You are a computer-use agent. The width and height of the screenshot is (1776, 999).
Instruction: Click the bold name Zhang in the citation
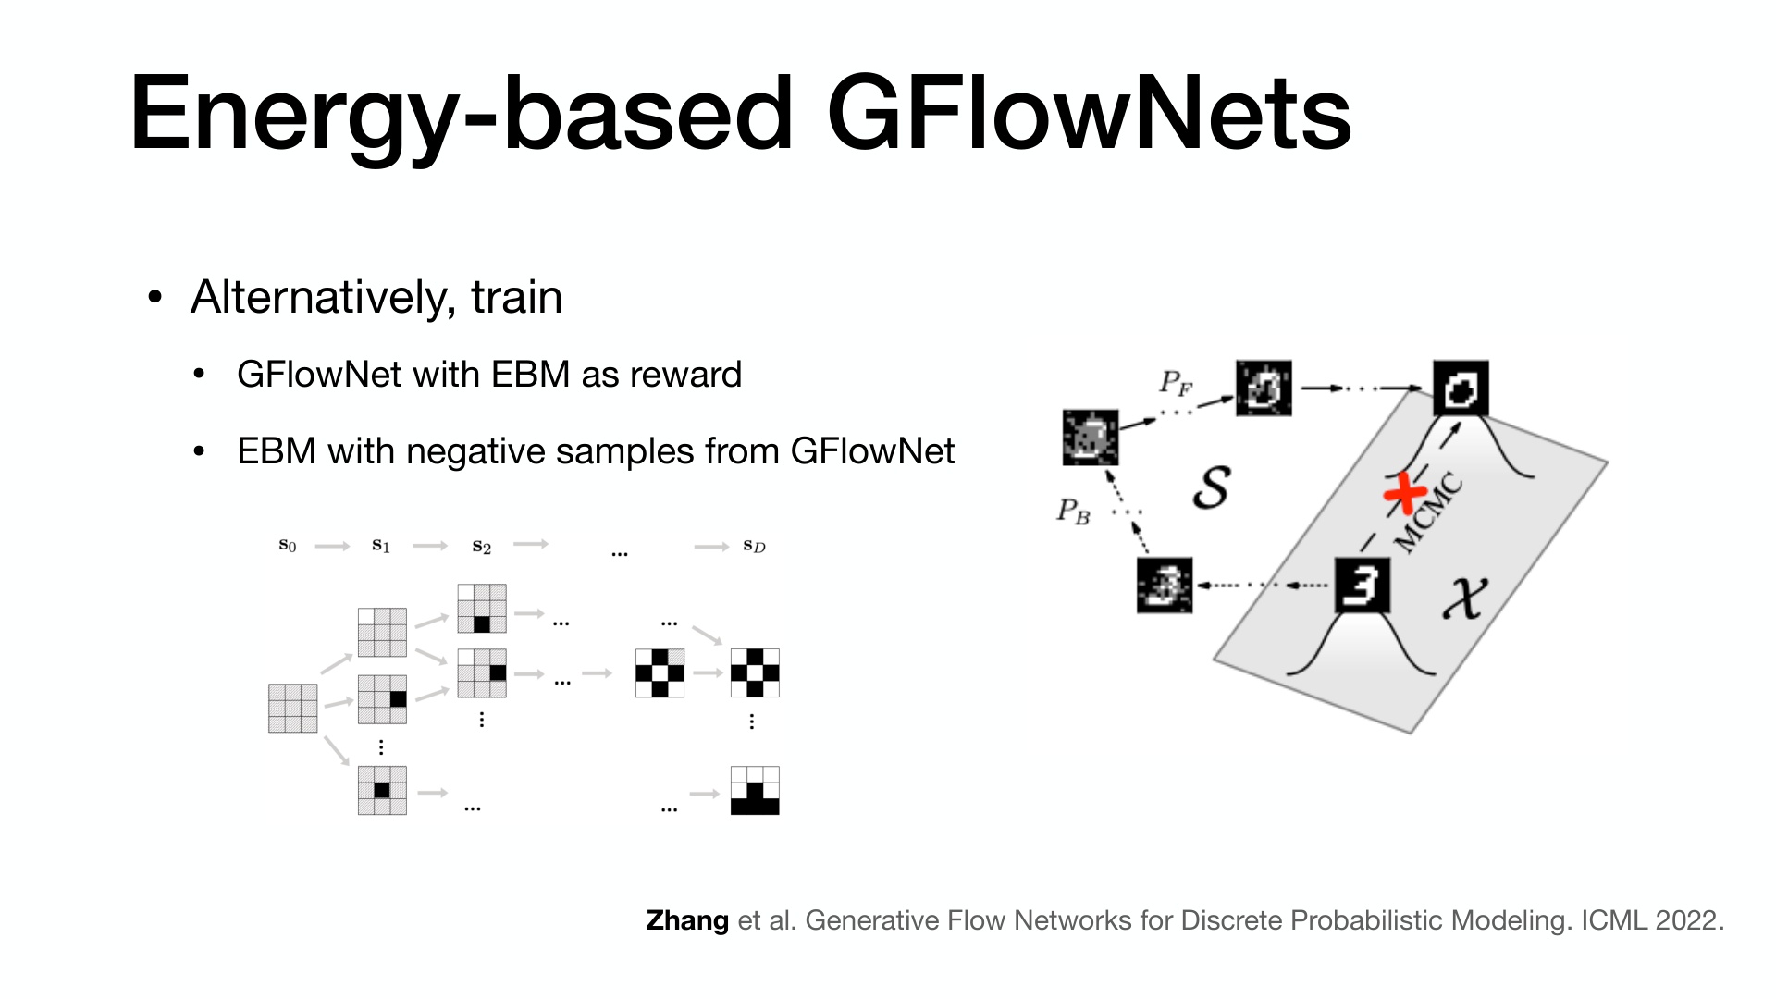click(687, 920)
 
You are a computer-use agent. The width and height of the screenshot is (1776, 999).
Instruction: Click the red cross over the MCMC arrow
click(1405, 493)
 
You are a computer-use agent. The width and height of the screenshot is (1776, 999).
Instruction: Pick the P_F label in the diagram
click(1176, 383)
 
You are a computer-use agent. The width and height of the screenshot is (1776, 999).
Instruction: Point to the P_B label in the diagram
click(1073, 512)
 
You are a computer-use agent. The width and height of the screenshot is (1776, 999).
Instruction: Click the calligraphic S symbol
click(1212, 487)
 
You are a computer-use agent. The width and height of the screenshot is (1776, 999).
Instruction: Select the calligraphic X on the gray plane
click(1465, 598)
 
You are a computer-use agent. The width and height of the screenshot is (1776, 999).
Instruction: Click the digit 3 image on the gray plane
click(1363, 585)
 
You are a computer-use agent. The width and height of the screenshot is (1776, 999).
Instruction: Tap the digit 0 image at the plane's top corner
click(1461, 388)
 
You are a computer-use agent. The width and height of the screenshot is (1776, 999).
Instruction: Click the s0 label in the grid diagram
click(288, 546)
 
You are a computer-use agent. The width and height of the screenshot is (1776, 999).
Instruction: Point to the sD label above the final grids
click(755, 546)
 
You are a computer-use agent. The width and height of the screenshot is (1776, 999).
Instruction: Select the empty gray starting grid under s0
click(292, 709)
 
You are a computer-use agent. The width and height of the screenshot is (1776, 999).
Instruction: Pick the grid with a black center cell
click(382, 790)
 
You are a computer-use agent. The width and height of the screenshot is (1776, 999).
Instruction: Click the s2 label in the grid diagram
click(481, 547)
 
